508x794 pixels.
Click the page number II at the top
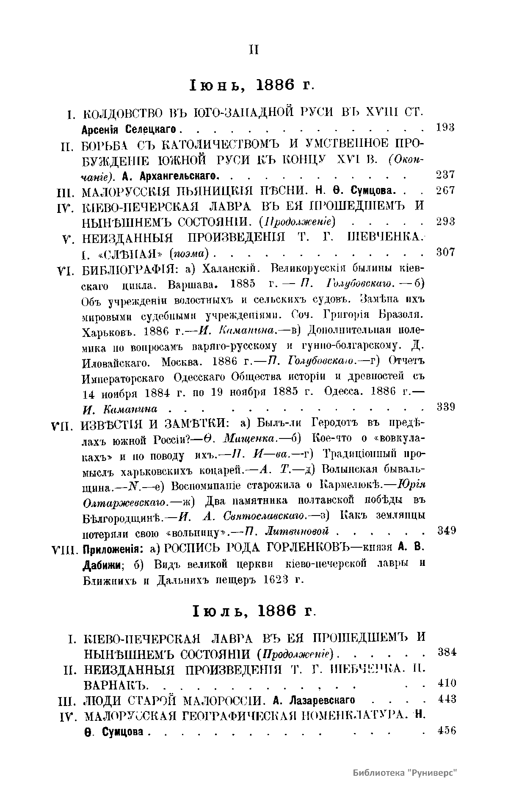pyautogui.click(x=254, y=50)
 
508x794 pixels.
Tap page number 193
pyautogui.click(x=445, y=127)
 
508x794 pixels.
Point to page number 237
pyautogui.click(x=445, y=174)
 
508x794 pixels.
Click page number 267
pyautogui.click(x=445, y=190)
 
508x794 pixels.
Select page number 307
pyautogui.click(x=445, y=252)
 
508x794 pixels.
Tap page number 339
pyautogui.click(x=445, y=407)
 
